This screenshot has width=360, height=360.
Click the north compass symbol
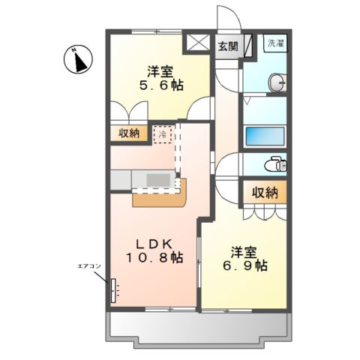point(78,59)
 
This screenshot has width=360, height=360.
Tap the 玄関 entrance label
point(228,46)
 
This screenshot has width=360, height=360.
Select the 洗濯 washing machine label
point(275,43)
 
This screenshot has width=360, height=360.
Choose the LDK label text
point(156,243)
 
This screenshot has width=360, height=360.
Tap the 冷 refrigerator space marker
point(163,135)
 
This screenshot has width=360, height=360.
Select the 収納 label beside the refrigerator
point(129,133)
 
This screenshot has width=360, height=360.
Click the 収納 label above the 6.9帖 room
point(265,193)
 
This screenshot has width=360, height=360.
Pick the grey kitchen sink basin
point(158,180)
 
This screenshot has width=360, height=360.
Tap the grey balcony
point(199,326)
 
